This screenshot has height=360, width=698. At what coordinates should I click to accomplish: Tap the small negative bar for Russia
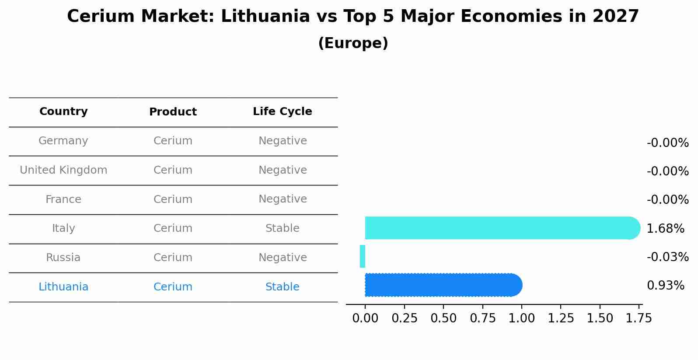click(x=363, y=256)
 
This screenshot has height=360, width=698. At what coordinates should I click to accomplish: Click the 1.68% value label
click(x=665, y=228)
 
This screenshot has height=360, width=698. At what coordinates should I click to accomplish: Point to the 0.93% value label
click(x=665, y=286)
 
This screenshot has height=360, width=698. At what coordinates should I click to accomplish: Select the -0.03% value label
click(x=667, y=257)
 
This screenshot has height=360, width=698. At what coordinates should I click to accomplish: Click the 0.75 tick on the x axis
click(x=482, y=318)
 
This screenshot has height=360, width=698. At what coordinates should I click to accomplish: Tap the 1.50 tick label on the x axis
click(x=600, y=318)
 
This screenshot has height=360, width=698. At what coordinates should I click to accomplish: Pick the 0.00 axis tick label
click(x=365, y=318)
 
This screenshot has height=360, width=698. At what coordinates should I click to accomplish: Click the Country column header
click(x=63, y=112)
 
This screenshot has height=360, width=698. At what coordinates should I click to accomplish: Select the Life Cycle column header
click(x=282, y=112)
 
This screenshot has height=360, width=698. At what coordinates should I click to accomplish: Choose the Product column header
click(x=173, y=112)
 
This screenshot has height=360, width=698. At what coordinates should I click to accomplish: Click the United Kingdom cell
click(x=63, y=170)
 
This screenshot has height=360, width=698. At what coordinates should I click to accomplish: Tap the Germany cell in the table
click(x=63, y=141)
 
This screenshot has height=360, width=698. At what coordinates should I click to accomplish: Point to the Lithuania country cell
click(x=63, y=287)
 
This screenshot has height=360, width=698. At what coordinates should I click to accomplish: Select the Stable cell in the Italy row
click(x=282, y=228)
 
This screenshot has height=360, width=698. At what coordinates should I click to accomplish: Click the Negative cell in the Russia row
click(x=282, y=258)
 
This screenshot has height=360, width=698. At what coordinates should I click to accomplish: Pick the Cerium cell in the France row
click(x=173, y=199)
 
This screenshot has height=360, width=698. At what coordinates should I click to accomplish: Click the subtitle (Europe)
click(x=353, y=43)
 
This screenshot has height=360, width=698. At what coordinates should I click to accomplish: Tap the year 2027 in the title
click(x=615, y=17)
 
